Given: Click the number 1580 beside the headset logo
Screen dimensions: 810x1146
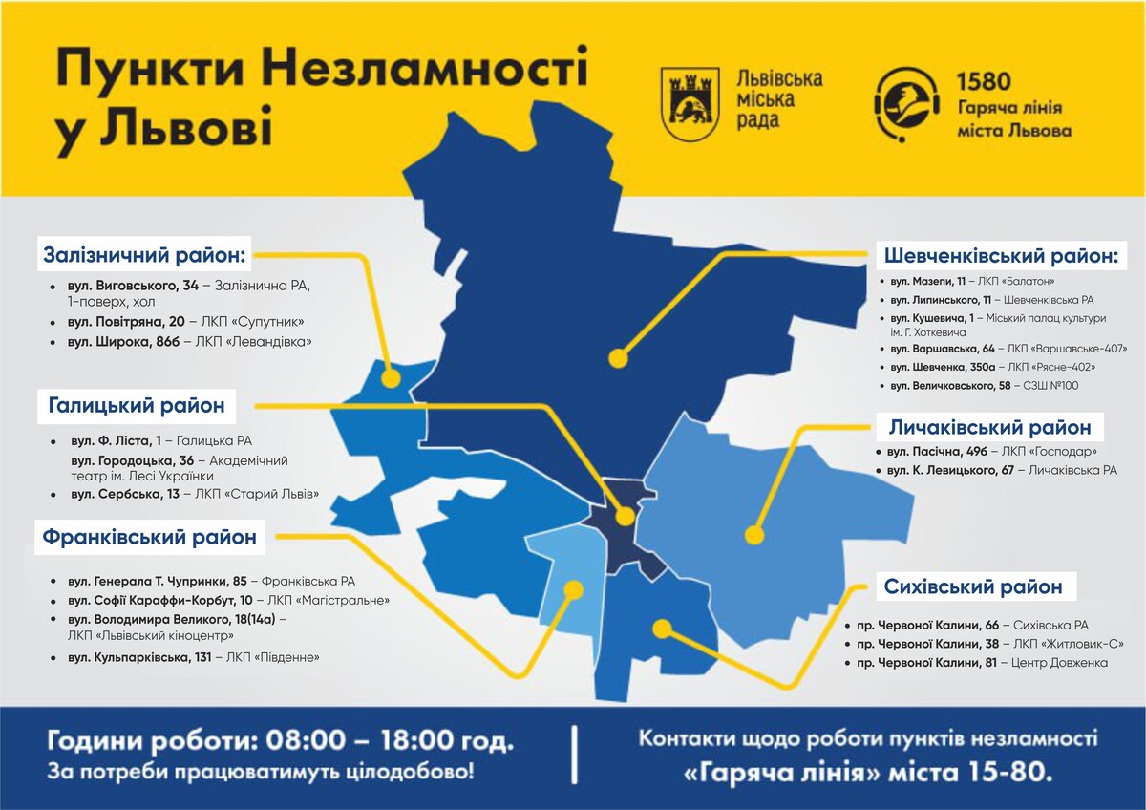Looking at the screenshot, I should click(x=983, y=82).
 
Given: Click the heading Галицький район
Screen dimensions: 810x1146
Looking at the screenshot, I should click(x=137, y=406).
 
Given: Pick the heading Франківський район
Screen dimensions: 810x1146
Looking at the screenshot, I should click(x=150, y=537).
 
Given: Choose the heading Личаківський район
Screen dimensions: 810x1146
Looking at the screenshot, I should click(x=989, y=427).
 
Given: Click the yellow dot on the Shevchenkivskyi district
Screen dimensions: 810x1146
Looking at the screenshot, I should click(x=618, y=360).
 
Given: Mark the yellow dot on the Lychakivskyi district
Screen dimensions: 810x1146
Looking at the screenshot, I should click(x=754, y=535).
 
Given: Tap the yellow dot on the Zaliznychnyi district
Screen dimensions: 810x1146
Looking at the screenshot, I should click(x=390, y=377).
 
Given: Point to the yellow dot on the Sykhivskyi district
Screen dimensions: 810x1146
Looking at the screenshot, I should click(x=661, y=628).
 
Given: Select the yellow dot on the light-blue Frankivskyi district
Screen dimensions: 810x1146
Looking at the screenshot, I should click(x=573, y=589).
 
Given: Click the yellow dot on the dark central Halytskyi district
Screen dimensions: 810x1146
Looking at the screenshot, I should click(x=625, y=517).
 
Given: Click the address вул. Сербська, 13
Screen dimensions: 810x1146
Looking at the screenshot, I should click(x=125, y=494).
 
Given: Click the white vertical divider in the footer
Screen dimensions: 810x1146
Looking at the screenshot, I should click(x=575, y=755).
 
